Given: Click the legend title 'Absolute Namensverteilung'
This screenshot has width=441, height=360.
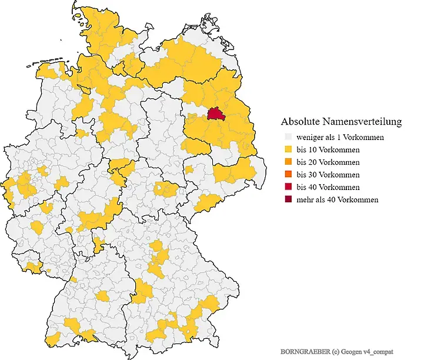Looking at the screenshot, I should tap(341, 122).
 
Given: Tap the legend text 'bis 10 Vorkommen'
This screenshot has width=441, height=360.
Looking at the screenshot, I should tap(328, 149).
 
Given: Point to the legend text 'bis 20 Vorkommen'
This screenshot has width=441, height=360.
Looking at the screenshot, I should tap(328, 162).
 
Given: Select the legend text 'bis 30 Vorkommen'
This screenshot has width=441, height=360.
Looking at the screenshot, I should tap(328, 175).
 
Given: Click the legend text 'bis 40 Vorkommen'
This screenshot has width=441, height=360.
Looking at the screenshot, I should tap(328, 187).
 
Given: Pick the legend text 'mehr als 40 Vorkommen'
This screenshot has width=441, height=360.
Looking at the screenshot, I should tap(338, 200).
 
